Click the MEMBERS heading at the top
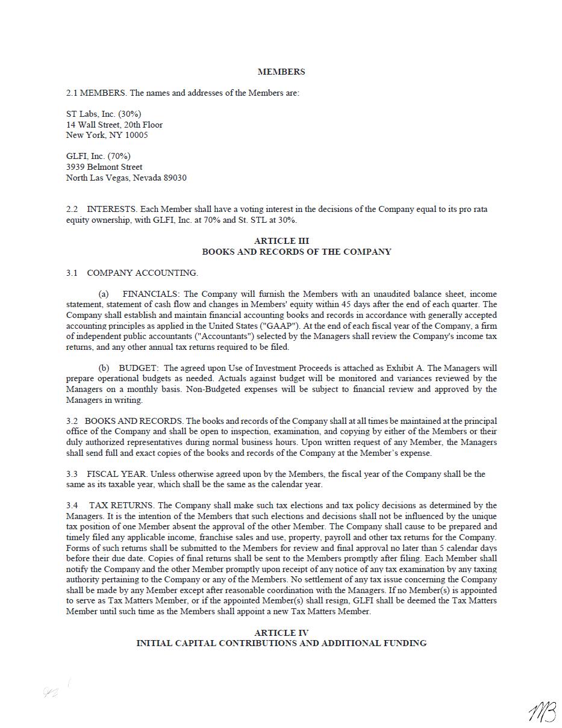(x=281, y=72)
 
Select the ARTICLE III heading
(x=281, y=241)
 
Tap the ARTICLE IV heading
(x=281, y=633)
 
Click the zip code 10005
(x=136, y=135)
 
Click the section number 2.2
(x=72, y=210)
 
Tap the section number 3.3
(x=72, y=474)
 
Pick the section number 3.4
(x=72, y=506)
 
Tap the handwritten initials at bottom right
(x=542, y=712)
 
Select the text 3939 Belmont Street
(x=104, y=167)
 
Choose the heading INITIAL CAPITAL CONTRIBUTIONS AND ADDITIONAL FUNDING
(x=281, y=643)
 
